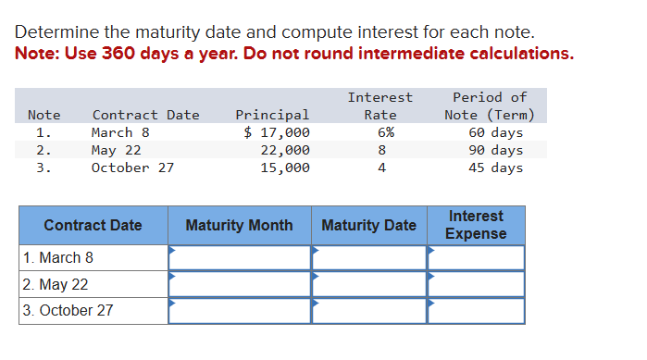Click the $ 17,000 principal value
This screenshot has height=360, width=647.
[x=277, y=132]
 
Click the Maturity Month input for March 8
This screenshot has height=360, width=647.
[x=239, y=257]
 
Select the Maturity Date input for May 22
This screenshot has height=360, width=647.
[x=368, y=284]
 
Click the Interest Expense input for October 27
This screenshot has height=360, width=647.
[x=476, y=310]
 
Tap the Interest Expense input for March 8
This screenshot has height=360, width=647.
[x=476, y=257]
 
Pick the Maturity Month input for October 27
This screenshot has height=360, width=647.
[x=239, y=310]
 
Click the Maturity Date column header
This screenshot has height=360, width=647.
[x=368, y=225]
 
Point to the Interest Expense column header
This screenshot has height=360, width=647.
[x=476, y=225]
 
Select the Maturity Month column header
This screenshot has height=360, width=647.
[x=239, y=225]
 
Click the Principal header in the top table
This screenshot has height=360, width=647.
[x=272, y=115]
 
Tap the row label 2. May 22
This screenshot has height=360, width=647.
[x=56, y=284]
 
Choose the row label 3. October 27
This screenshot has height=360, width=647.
[x=68, y=310]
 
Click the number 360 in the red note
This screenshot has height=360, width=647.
[x=113, y=53]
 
